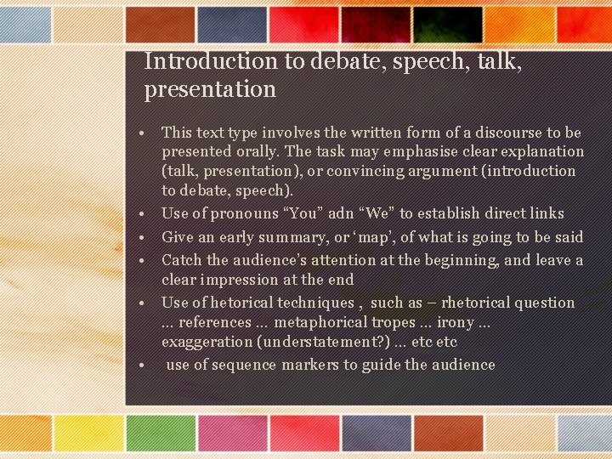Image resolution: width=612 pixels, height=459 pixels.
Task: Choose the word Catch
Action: (180, 260)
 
